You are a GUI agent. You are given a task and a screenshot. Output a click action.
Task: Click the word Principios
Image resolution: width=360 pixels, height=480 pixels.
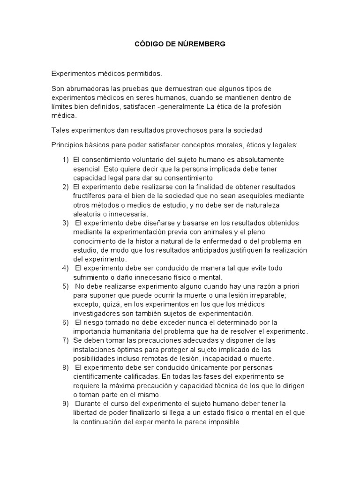click(x=67, y=144)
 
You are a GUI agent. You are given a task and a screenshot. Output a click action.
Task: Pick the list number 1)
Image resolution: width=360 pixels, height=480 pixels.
click(x=66, y=160)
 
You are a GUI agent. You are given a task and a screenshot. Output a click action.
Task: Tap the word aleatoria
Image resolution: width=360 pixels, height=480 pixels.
click(x=88, y=214)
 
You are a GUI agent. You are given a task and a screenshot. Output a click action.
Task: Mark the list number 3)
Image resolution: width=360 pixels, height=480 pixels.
click(x=66, y=223)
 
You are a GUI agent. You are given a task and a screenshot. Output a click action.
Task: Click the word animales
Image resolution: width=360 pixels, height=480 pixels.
click(x=210, y=232)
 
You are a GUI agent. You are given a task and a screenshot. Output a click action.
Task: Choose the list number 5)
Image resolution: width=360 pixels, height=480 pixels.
click(x=66, y=286)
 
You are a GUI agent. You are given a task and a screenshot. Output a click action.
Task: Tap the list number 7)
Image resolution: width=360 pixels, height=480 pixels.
click(x=66, y=340)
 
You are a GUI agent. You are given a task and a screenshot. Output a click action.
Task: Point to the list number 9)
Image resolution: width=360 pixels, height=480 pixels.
click(x=66, y=403)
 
